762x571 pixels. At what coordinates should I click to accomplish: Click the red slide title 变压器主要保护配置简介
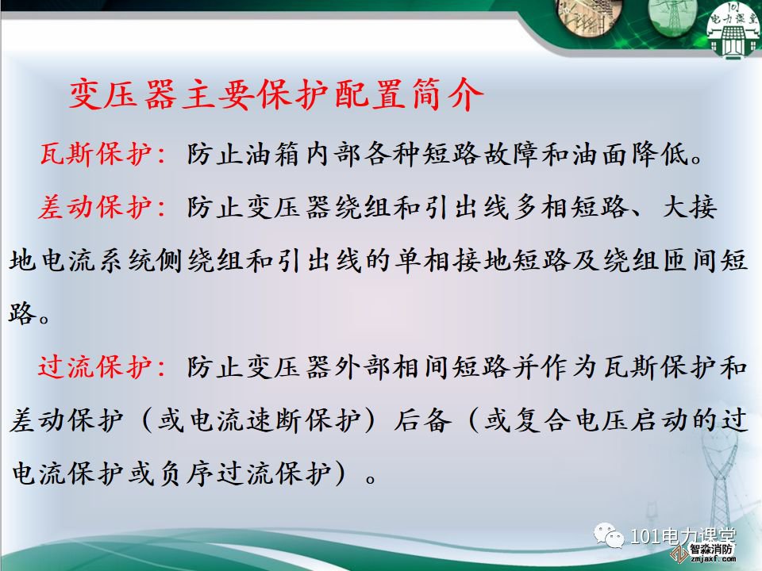click(276, 94)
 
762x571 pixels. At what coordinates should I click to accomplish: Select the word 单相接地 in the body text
click(452, 260)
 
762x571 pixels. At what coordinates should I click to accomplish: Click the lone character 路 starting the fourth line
click(22, 312)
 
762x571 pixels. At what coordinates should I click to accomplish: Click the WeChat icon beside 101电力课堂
click(609, 536)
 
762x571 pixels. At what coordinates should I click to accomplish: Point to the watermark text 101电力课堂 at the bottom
click(683, 536)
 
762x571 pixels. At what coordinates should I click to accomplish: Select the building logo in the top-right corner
click(733, 29)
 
